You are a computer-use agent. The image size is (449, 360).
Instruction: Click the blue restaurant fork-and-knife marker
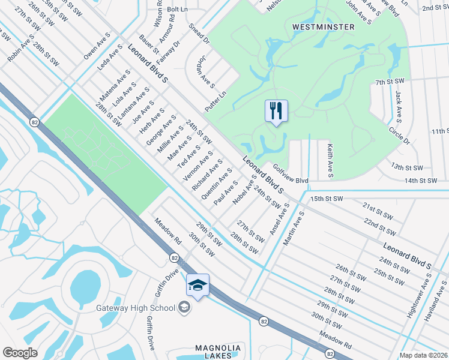[x=276, y=111]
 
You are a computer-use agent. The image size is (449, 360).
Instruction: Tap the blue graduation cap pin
[x=198, y=286]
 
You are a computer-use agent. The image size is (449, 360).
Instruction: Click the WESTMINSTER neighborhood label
[x=323, y=27]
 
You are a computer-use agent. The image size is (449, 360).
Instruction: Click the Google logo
[x=20, y=353]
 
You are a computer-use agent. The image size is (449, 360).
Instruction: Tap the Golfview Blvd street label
[x=290, y=175]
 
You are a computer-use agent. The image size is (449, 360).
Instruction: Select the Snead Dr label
[x=198, y=35]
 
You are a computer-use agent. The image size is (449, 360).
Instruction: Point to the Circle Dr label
[x=399, y=136]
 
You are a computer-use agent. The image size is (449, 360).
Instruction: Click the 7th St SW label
[x=391, y=81]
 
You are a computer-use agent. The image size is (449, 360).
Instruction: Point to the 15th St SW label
[x=327, y=198]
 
